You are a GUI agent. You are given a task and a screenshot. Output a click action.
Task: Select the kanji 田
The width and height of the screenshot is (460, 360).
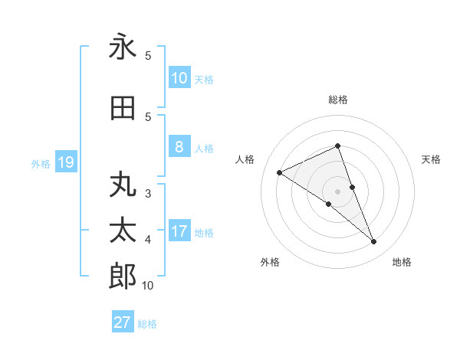pyautogui.click(x=123, y=109)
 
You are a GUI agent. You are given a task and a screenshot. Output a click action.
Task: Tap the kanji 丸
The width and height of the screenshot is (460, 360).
pyautogui.click(x=123, y=186)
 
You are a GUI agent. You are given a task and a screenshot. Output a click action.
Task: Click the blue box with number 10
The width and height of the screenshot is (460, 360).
pyautogui.click(x=179, y=78)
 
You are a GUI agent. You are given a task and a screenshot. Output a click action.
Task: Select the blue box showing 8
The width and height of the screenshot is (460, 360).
pyautogui.click(x=179, y=147)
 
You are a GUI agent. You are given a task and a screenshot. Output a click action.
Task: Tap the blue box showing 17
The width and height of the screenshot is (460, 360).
pyautogui.click(x=179, y=231)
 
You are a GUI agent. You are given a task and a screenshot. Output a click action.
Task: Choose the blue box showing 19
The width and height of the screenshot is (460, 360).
pyautogui.click(x=65, y=162)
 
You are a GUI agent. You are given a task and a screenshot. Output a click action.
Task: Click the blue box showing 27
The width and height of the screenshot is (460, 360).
pyautogui.click(x=123, y=322)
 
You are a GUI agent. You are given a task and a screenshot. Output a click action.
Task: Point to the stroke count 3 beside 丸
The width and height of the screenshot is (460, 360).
pyautogui.click(x=147, y=194)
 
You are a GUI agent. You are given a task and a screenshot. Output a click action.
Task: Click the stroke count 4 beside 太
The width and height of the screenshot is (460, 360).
pyautogui.click(x=147, y=240)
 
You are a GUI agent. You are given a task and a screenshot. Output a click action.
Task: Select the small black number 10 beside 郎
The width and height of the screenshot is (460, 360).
pyautogui.click(x=147, y=286)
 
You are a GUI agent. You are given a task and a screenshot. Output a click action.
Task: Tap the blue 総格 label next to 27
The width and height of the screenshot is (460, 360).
pyautogui.click(x=147, y=324)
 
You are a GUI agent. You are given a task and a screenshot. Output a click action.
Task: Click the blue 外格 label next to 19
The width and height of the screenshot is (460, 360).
pyautogui.click(x=41, y=164)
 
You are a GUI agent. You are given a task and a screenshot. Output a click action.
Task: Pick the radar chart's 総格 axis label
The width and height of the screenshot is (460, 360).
pyautogui.click(x=337, y=100)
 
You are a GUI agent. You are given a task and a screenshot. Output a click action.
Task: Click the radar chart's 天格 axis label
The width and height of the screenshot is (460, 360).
pyautogui.click(x=432, y=159)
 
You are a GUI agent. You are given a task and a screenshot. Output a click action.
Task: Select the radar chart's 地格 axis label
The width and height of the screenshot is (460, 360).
pyautogui.click(x=402, y=262)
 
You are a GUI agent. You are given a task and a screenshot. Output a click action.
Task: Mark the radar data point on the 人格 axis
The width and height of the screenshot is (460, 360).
pyautogui.click(x=280, y=172)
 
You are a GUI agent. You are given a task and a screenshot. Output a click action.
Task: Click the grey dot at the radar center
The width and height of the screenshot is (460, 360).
pyautogui.click(x=337, y=191)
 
